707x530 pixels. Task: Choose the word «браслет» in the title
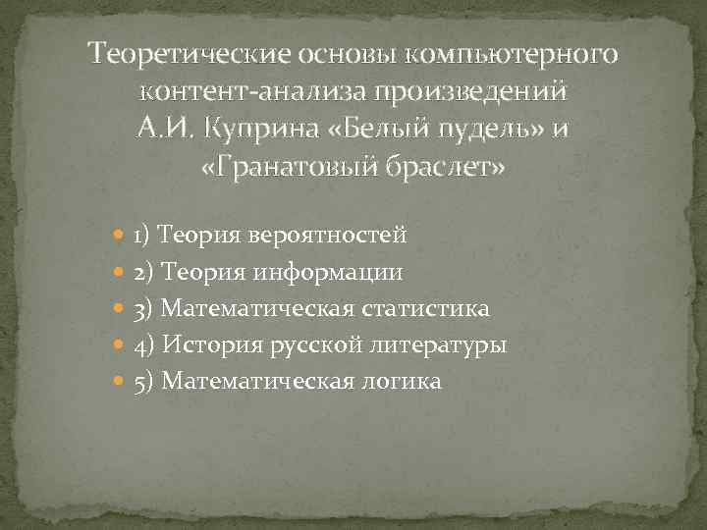[452, 168]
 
